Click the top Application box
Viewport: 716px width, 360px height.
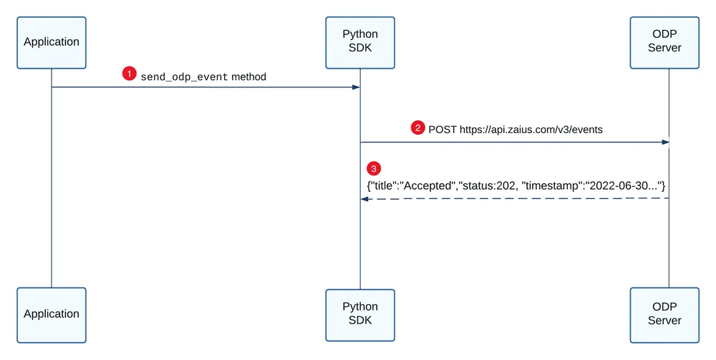click(52, 43)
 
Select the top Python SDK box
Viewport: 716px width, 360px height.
click(360, 43)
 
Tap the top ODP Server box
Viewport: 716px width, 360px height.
click(664, 43)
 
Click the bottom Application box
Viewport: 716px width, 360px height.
click(52, 315)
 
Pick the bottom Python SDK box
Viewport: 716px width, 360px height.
click(360, 315)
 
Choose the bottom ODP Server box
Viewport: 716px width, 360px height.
click(664, 315)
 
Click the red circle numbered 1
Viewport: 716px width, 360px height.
click(129, 74)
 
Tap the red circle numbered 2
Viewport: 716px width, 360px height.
click(418, 127)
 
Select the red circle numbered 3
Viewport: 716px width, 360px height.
click(374, 169)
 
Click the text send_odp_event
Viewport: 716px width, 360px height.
click(184, 77)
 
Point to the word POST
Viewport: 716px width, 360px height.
click(442, 130)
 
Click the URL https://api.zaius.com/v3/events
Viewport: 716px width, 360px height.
click(531, 130)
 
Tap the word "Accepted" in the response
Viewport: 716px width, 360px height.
click(428, 185)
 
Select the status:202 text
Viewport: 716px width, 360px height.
click(487, 185)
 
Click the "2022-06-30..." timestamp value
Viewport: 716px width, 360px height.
click(623, 185)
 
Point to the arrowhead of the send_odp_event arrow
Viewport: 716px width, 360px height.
click(356, 87)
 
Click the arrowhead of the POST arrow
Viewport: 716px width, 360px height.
click(665, 142)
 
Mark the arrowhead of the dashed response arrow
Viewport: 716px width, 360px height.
click(364, 199)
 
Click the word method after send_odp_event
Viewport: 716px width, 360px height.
click(249, 77)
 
